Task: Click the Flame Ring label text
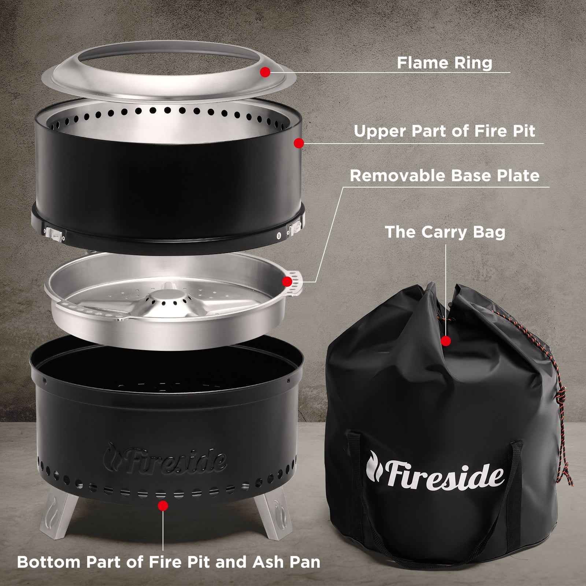coord(444,63)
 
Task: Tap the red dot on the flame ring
coord(265,72)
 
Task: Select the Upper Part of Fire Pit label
coord(444,131)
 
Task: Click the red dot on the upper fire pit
coord(299,143)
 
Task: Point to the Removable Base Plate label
coord(444,175)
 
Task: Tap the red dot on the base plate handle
coord(287,281)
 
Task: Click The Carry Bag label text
coord(445,232)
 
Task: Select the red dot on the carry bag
coord(446,341)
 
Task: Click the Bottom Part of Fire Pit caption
coord(168,562)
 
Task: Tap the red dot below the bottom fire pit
coord(163,506)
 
